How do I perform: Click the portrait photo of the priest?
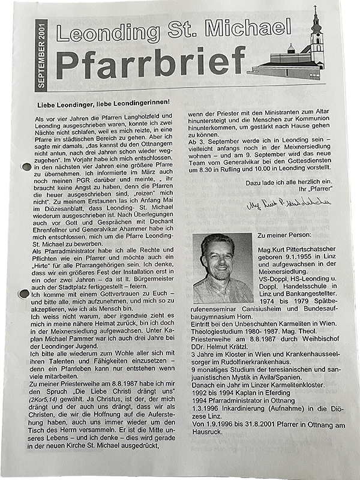(223, 268)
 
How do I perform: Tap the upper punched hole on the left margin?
(25, 167)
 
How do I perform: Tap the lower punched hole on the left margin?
(24, 294)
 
